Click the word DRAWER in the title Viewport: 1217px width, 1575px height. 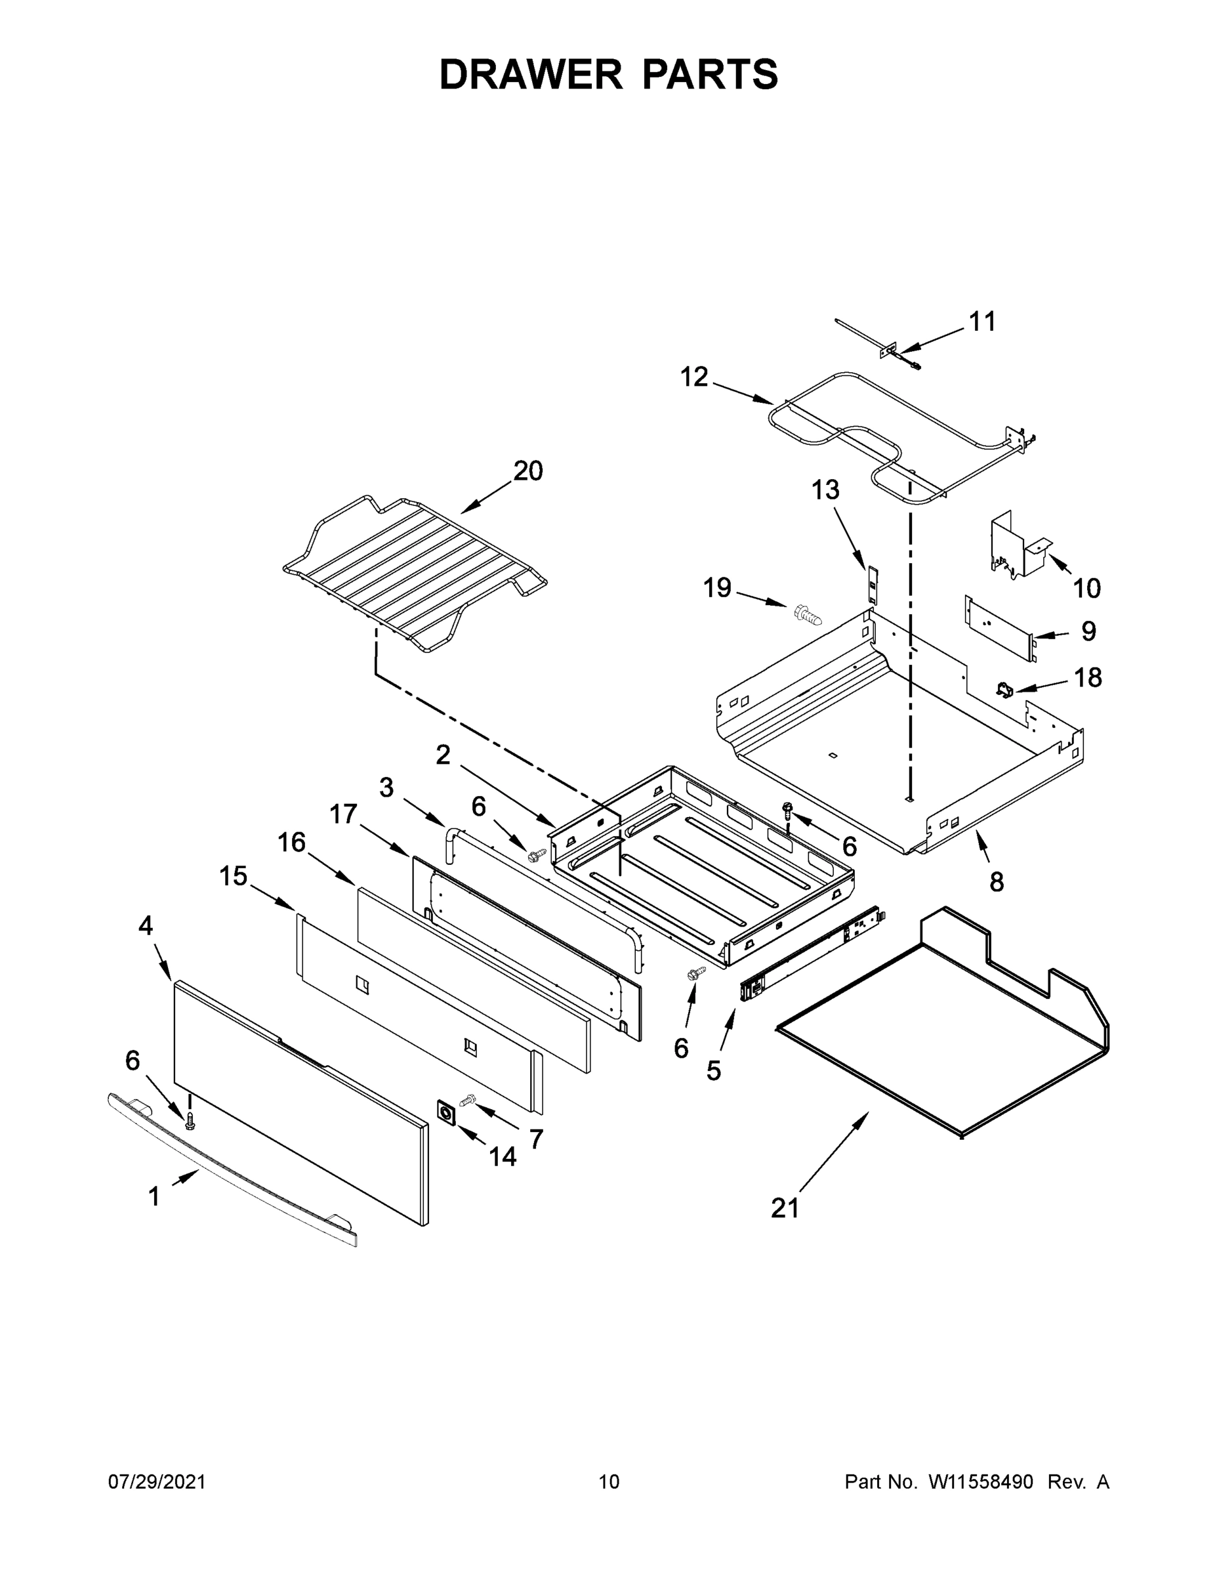(x=531, y=74)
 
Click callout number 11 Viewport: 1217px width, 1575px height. (x=982, y=322)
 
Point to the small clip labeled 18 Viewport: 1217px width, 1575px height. (x=1004, y=690)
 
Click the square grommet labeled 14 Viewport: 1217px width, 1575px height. (x=447, y=1113)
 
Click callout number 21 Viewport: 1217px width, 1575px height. (x=785, y=1208)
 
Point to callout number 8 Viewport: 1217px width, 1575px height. (x=997, y=881)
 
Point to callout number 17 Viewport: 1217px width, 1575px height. (x=344, y=814)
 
